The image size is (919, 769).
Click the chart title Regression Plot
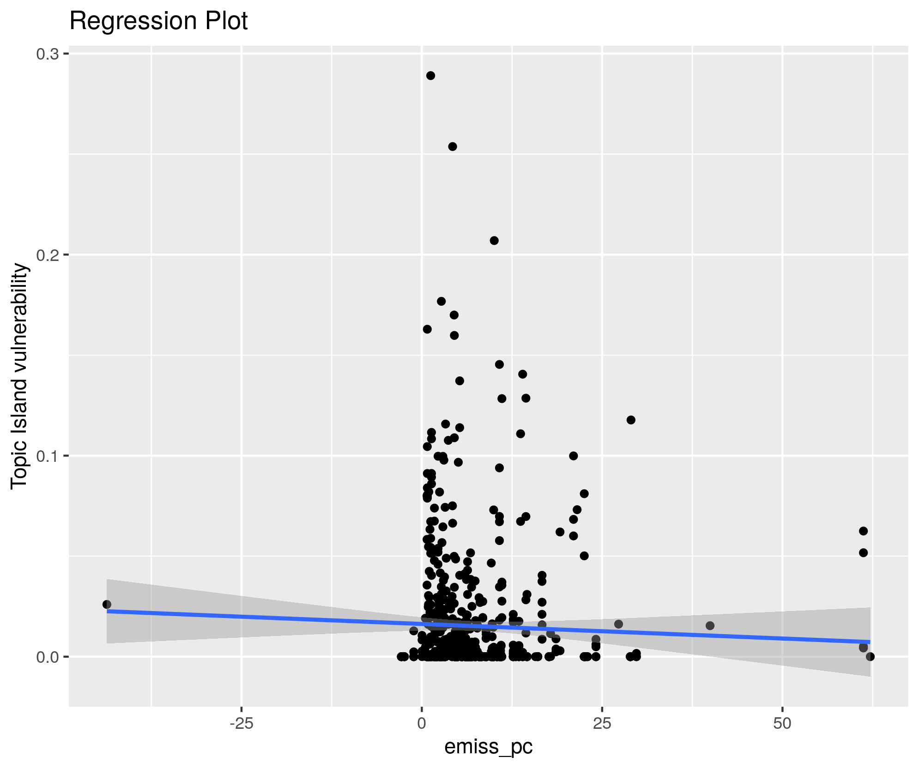(x=158, y=21)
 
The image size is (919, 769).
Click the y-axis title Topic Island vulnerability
(x=19, y=375)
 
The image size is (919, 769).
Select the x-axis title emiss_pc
(x=489, y=746)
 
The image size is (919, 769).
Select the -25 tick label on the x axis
(x=241, y=723)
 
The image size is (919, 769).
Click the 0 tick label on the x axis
(x=422, y=723)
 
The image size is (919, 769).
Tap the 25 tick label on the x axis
(x=602, y=723)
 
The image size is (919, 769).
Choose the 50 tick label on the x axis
(x=782, y=723)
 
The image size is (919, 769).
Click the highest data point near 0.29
(x=430, y=76)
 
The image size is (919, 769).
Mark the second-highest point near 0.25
(x=453, y=146)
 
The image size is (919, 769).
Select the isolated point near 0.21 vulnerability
(x=494, y=241)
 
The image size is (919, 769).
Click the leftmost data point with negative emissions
(x=107, y=604)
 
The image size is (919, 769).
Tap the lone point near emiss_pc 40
(x=710, y=626)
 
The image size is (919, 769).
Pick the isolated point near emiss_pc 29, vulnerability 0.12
(x=631, y=420)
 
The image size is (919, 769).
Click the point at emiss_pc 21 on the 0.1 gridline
(x=574, y=456)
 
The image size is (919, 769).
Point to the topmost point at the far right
(x=863, y=531)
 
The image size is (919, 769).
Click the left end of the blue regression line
(x=108, y=611)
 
